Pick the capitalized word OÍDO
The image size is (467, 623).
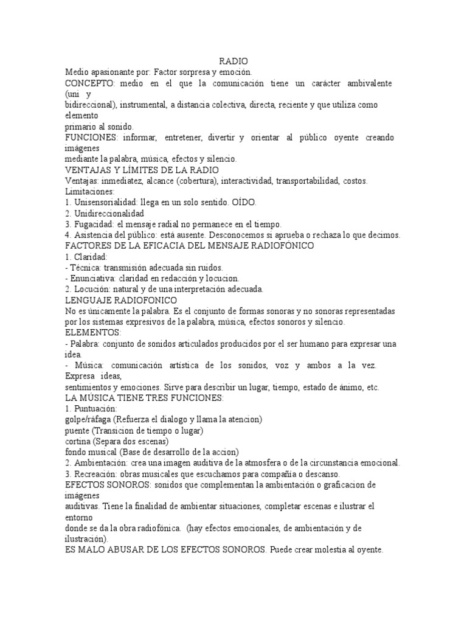coord(244,203)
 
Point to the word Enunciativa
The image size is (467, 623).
coord(94,279)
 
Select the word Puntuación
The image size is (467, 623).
coord(95,409)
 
